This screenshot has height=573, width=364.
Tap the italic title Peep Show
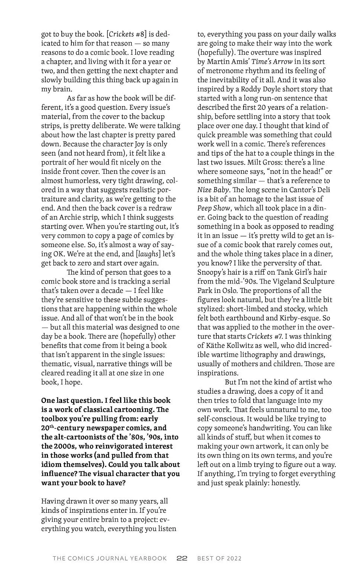pyautogui.click(x=214, y=208)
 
